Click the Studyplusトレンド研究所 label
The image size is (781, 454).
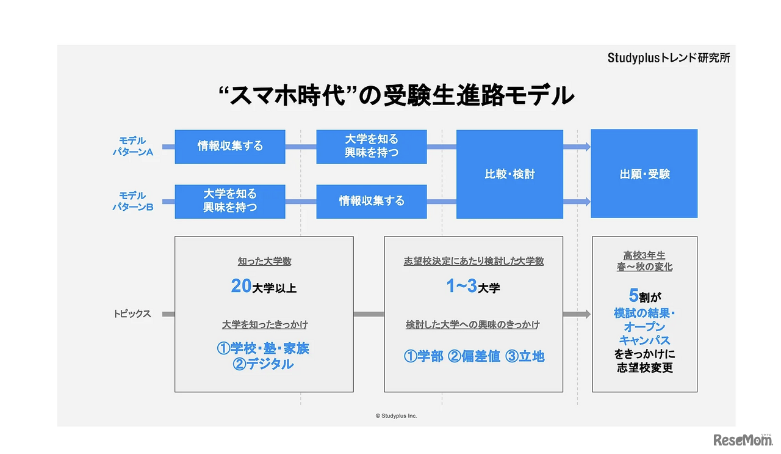[x=668, y=58]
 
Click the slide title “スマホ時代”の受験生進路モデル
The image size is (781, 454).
[x=396, y=95]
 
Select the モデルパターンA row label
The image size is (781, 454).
[x=132, y=147]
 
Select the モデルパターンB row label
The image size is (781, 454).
[x=132, y=201]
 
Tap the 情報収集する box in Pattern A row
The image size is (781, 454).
[x=230, y=147]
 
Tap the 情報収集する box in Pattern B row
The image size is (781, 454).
[x=371, y=201]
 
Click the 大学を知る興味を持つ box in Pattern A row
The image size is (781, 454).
[x=371, y=147]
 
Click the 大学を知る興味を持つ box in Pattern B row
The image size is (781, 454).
[x=230, y=201]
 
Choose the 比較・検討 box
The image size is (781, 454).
[x=509, y=174]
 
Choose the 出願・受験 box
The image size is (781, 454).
[x=644, y=174]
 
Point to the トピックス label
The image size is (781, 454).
[x=132, y=314]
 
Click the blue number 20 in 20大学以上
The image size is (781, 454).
[x=241, y=286]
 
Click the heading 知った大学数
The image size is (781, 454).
[x=264, y=261]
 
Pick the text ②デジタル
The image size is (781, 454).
[x=264, y=364]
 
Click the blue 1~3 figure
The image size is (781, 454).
[x=461, y=286]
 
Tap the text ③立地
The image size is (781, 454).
[x=524, y=356]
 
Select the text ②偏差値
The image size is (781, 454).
[x=474, y=356]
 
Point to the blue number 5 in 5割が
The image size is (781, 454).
[x=633, y=296]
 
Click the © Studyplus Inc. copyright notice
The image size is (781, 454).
[x=396, y=416]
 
